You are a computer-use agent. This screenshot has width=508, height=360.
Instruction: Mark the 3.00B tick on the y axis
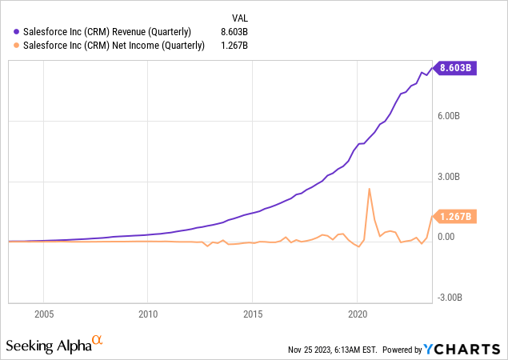(x=448, y=177)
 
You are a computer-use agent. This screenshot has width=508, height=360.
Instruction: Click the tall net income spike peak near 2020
(x=369, y=189)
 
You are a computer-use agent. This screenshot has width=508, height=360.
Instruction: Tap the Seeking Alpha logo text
(x=47, y=346)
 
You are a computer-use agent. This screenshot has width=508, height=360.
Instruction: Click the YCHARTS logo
(x=467, y=350)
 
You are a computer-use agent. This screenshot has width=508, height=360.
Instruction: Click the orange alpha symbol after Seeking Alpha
(x=98, y=341)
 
